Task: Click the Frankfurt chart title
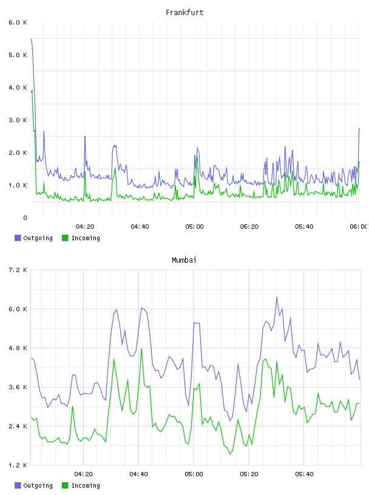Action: (x=184, y=12)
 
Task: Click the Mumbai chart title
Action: (x=184, y=260)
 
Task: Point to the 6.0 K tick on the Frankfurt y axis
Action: (x=18, y=22)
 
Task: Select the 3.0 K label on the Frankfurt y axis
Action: (x=18, y=120)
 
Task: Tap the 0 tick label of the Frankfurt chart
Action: (x=25, y=218)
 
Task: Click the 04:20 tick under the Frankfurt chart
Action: (x=85, y=226)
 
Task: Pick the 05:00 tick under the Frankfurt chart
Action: (x=194, y=226)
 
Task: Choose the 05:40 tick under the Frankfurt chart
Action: (x=304, y=226)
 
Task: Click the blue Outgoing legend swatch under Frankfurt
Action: (x=18, y=238)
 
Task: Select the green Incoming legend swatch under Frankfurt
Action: (x=65, y=238)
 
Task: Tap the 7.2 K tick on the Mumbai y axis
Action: (x=18, y=270)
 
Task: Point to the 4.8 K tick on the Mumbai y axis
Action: (x=18, y=348)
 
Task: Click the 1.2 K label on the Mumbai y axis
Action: (x=18, y=465)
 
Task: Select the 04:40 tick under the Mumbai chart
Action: (x=138, y=474)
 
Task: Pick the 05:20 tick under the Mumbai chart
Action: (x=249, y=474)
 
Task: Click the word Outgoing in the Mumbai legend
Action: (x=38, y=485)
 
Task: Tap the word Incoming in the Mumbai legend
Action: (x=86, y=485)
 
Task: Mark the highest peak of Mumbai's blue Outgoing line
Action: (x=276, y=297)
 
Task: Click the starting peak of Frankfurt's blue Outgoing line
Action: (x=32, y=39)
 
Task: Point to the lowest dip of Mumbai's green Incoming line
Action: (x=230, y=454)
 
